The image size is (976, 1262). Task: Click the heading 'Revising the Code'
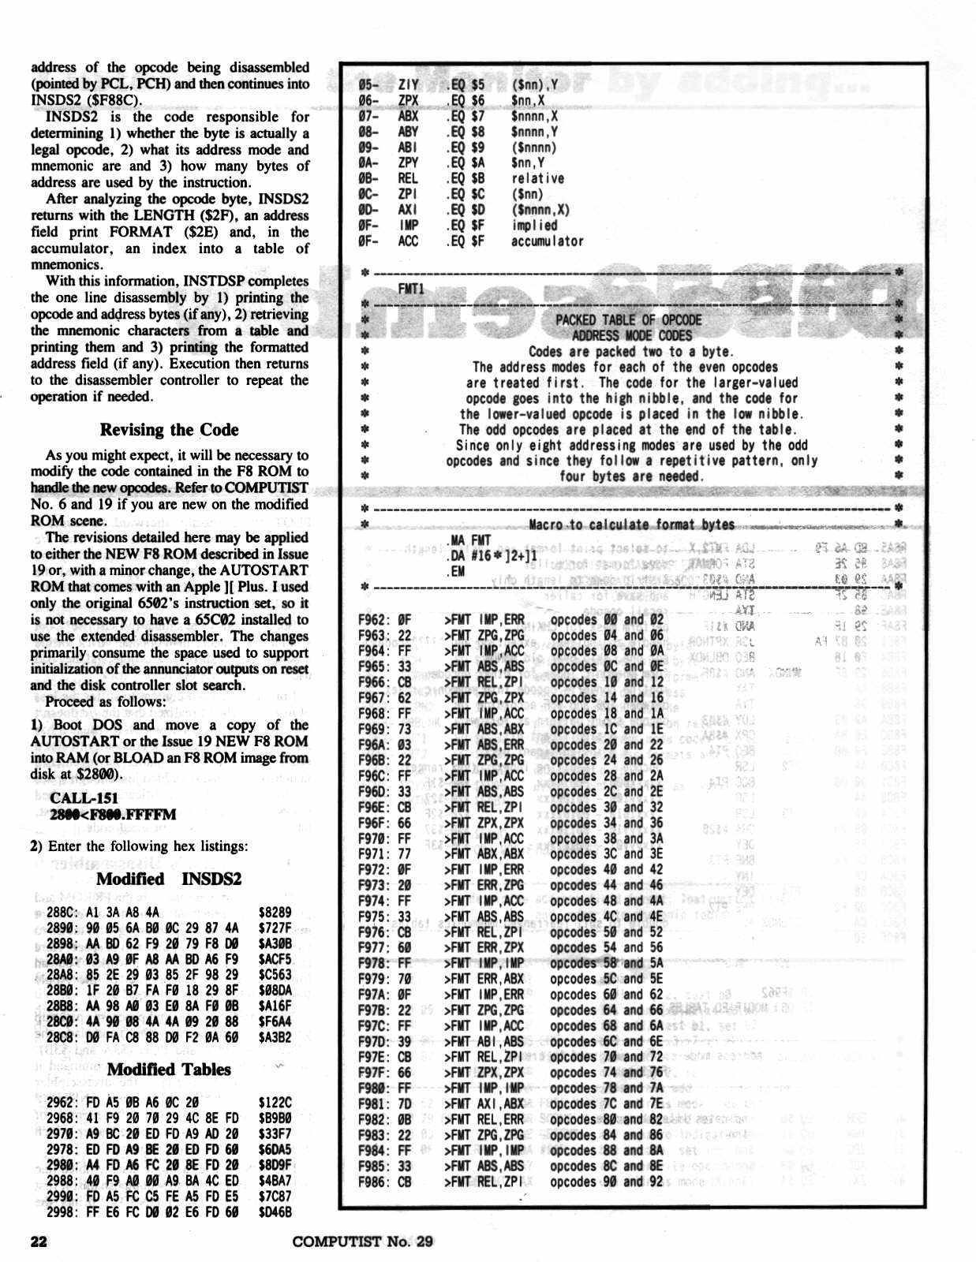[x=169, y=430]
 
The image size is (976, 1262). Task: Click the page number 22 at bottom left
[x=39, y=1241]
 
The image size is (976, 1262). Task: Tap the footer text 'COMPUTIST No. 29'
[x=362, y=1241]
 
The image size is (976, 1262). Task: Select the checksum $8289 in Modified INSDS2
[x=275, y=912]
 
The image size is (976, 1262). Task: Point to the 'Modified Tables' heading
[x=169, y=1070]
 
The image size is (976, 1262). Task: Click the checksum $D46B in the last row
[x=275, y=1212]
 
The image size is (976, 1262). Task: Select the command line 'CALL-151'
[x=84, y=797]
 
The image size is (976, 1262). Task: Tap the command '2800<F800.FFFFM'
[x=113, y=814]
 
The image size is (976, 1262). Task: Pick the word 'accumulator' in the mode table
[x=547, y=241]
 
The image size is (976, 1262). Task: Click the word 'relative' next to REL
[x=537, y=178]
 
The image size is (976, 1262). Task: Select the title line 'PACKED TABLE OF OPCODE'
[x=628, y=319]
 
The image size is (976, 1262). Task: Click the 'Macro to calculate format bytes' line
[x=631, y=525]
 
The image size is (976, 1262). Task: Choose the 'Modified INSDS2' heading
[x=169, y=879]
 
